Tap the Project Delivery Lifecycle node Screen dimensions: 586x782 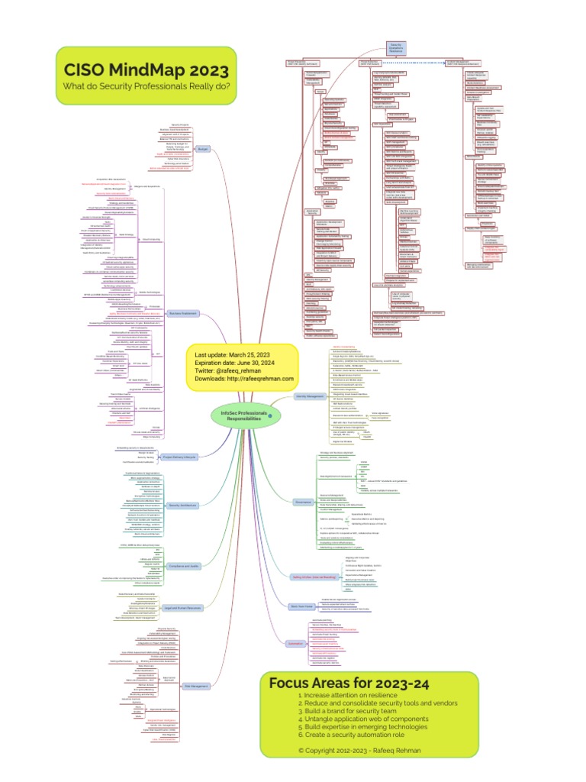pyautogui.click(x=180, y=457)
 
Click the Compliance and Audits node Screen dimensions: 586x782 pyautogui.click(x=182, y=566)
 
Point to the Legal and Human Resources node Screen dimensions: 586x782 pyautogui.click(x=182, y=608)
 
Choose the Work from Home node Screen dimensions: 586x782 pyautogui.click(x=301, y=606)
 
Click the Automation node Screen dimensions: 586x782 pyautogui.click(x=295, y=644)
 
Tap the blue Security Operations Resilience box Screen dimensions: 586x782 pyautogui.click(x=395, y=49)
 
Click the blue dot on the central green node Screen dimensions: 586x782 pyautogui.click(x=270, y=415)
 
